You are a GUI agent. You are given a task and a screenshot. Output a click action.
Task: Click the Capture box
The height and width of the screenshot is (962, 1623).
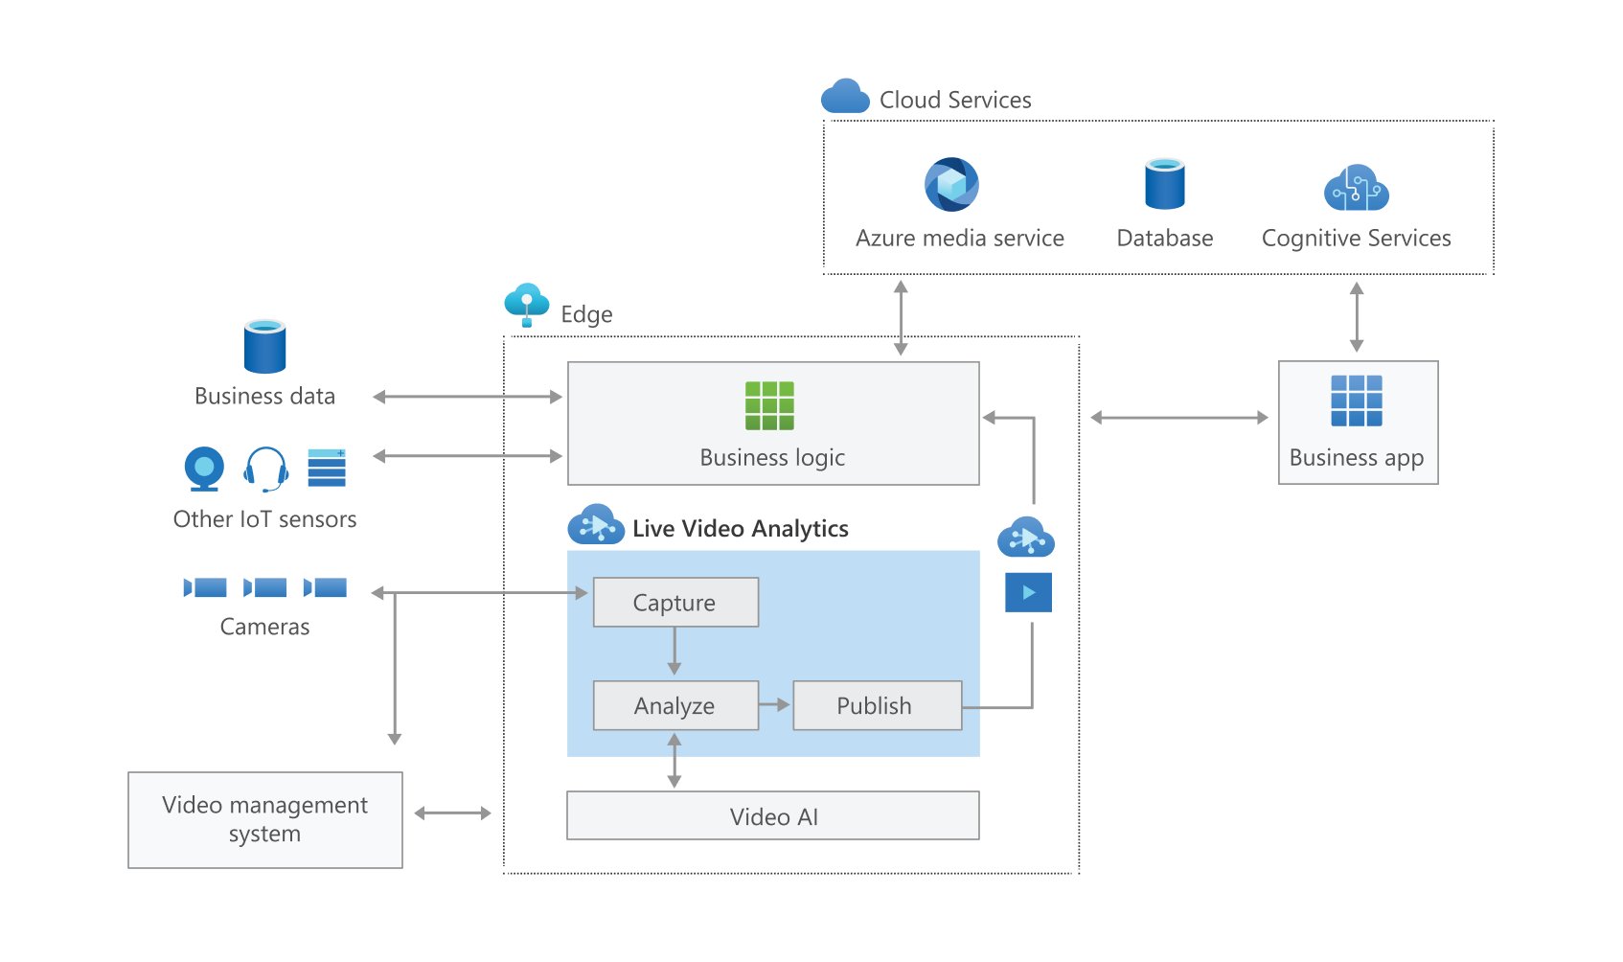[675, 602]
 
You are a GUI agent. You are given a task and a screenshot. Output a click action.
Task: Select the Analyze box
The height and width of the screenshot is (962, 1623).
[675, 705]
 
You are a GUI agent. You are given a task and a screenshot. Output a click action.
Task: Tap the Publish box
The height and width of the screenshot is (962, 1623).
[878, 705]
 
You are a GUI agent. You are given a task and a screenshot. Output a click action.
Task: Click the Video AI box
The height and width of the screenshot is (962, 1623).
[773, 815]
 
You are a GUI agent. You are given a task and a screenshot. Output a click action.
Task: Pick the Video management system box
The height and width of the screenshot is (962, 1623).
[265, 819]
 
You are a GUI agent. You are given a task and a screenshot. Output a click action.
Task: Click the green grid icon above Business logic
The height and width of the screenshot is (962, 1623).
[769, 405]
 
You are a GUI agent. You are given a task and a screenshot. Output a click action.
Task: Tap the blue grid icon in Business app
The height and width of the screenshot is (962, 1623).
[1357, 401]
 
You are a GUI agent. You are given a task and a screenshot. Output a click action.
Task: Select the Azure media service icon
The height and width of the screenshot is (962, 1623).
[951, 184]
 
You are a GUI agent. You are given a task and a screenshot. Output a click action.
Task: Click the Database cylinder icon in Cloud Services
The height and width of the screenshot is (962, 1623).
[1164, 184]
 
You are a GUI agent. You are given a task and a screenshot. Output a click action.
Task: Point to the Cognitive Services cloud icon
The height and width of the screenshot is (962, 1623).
[1357, 188]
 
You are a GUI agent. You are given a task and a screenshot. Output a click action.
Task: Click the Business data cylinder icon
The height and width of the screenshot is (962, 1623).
[264, 346]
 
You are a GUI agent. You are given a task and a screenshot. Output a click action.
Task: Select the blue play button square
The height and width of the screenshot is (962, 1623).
[1028, 592]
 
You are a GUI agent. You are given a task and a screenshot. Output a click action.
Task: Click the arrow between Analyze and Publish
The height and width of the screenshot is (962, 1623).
[774, 704]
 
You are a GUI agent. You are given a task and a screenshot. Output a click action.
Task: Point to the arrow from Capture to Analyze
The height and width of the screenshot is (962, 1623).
[674, 652]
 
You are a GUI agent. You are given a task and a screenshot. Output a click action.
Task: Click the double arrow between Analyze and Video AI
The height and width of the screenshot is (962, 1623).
[674, 761]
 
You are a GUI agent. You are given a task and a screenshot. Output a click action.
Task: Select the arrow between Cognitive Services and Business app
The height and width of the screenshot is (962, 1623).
[1357, 317]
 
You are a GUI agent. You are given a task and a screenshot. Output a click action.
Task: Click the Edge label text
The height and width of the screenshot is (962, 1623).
[586, 314]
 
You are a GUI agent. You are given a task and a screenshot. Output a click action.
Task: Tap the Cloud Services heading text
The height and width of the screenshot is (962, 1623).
[955, 100]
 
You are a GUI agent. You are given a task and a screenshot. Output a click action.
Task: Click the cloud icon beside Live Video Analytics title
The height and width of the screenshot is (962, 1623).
[596, 524]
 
